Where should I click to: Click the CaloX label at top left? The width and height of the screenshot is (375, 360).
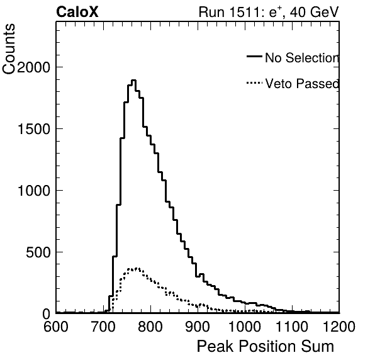(x=77, y=12)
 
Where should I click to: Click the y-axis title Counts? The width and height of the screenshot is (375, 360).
(x=9, y=49)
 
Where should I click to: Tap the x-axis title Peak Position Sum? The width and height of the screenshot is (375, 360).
(x=266, y=346)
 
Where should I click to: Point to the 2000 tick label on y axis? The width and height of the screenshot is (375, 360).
(x=33, y=67)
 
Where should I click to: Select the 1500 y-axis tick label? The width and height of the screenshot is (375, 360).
(x=34, y=129)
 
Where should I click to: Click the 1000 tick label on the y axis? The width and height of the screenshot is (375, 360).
(x=34, y=191)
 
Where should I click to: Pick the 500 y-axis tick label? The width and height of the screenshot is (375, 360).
(x=38, y=252)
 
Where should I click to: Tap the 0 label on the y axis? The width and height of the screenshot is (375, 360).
(x=47, y=314)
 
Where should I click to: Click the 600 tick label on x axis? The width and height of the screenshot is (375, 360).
(x=56, y=327)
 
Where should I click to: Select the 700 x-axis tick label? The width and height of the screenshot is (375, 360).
(x=103, y=327)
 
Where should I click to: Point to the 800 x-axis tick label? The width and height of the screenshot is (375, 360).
(x=150, y=327)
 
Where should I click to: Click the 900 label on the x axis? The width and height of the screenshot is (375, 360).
(x=198, y=327)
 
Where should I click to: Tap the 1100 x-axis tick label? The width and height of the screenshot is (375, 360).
(x=292, y=327)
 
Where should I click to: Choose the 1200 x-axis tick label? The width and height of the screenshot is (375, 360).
(x=339, y=327)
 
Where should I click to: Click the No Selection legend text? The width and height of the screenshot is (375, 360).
(x=302, y=58)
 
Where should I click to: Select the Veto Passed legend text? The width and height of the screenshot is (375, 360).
(x=302, y=84)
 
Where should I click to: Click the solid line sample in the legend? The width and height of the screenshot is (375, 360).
(x=254, y=56)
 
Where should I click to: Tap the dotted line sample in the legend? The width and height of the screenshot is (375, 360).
(x=254, y=83)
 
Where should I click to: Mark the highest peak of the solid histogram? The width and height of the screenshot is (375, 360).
(x=133, y=81)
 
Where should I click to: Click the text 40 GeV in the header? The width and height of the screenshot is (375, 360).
(x=315, y=12)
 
